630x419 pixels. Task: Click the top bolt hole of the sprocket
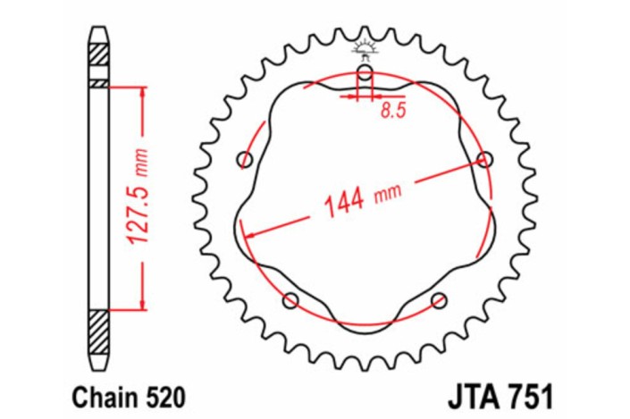pyautogui.click(x=365, y=72)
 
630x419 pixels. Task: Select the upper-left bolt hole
pyautogui.click(x=245, y=159)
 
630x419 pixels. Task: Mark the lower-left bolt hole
pyautogui.click(x=290, y=300)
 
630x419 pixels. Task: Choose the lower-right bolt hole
pyautogui.click(x=438, y=300)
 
